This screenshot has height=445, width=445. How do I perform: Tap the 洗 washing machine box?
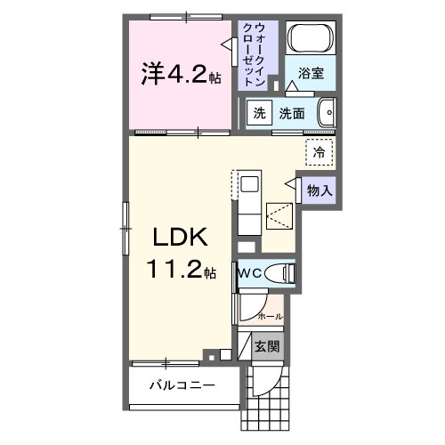pos(259,113)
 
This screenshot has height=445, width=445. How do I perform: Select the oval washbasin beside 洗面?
pos(327,113)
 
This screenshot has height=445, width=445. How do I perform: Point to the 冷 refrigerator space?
pos(319,151)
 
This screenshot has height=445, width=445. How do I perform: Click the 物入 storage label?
pos(320,190)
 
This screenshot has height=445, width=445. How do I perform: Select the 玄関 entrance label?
pos(266,346)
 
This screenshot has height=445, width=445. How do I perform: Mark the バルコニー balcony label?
pos(182,386)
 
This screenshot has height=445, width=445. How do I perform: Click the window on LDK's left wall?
pos(125,218)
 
